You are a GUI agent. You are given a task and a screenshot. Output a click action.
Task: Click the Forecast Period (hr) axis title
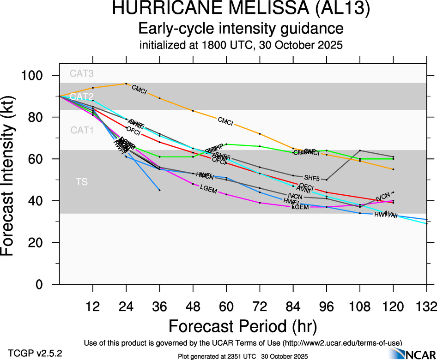coord(242,326)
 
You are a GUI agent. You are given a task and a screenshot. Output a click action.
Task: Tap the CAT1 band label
coord(82,131)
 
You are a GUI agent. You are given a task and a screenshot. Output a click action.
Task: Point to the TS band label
coord(82,182)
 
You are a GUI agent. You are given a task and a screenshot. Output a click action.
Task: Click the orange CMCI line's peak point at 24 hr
coord(126,84)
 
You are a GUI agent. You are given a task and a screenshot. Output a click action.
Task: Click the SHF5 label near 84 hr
coord(312,177)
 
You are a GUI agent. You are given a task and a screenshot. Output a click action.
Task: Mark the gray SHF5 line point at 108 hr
coord(360,150)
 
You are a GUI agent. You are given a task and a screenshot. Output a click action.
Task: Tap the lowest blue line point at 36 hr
coord(160,190)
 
